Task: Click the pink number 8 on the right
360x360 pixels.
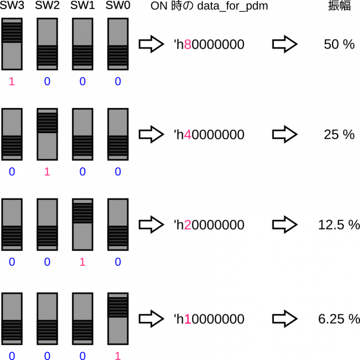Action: tap(187, 45)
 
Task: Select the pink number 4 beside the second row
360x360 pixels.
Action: tap(187, 135)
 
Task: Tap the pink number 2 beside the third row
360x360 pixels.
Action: tap(187, 225)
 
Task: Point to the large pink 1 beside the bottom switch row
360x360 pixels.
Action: tap(187, 319)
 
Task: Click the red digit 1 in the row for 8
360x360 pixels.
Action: tap(12, 82)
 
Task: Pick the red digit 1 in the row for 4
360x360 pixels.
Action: tap(47, 172)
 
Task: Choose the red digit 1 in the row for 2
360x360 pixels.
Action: tap(82, 262)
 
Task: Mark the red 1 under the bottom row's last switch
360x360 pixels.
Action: tap(118, 355)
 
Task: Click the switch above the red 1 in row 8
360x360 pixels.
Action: tap(12, 44)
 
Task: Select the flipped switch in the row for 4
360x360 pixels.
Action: tap(47, 135)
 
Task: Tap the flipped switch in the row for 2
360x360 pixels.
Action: tap(82, 225)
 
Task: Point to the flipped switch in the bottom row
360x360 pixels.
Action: tap(118, 319)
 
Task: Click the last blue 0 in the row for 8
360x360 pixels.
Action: tap(118, 82)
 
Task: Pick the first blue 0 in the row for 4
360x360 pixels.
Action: tap(12, 172)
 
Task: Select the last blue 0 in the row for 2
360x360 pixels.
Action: tap(118, 262)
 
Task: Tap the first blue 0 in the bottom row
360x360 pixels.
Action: tap(12, 355)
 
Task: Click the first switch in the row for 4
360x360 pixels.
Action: tap(12, 135)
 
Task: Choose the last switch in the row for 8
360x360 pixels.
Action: tap(118, 44)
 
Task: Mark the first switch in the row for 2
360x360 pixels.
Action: tap(12, 225)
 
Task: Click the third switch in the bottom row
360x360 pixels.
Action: tap(82, 319)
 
